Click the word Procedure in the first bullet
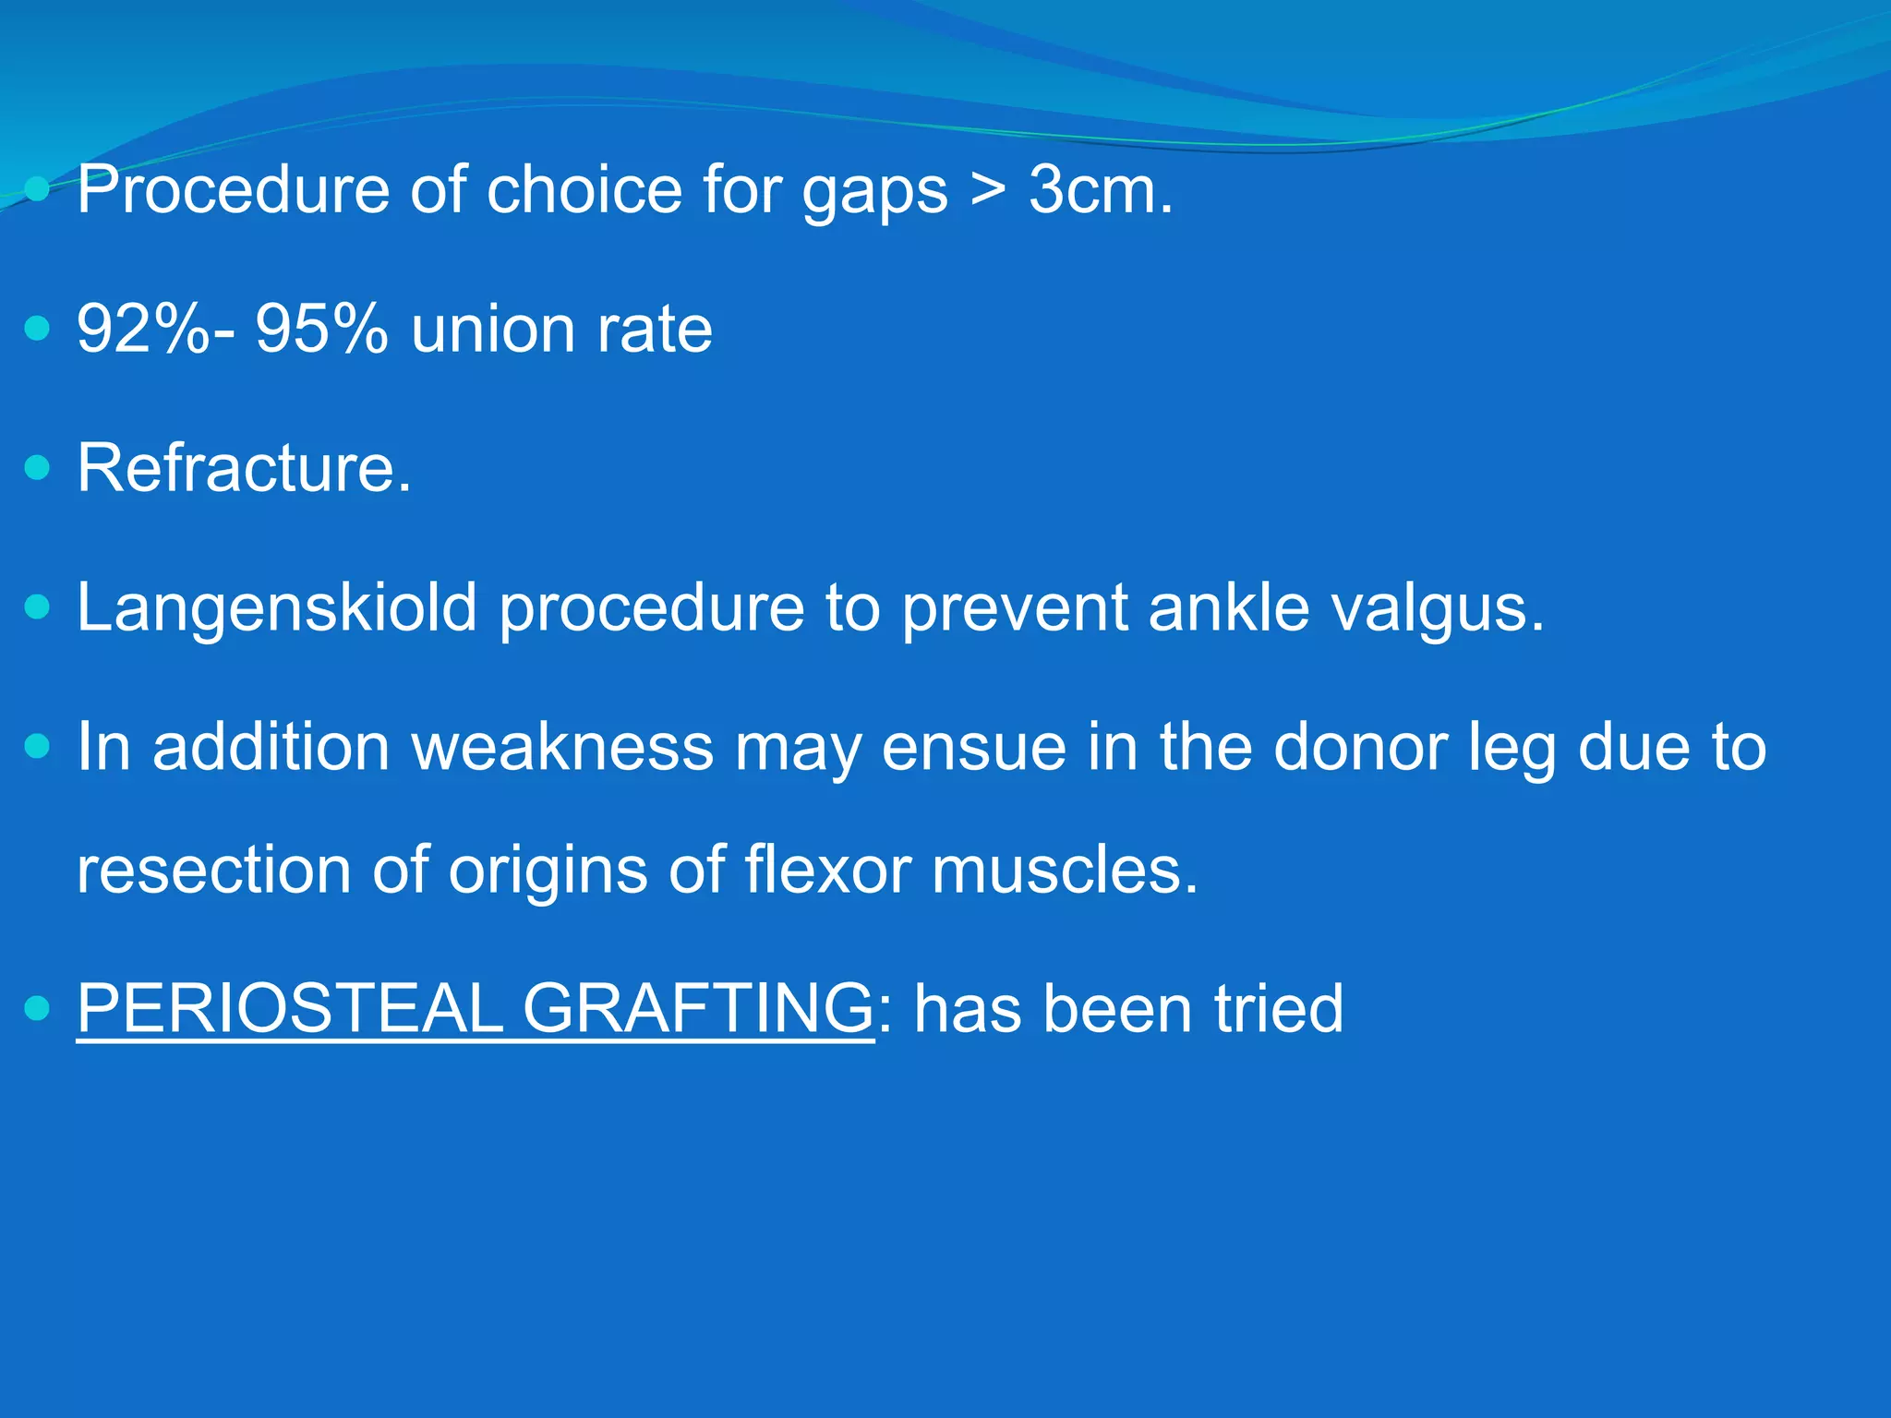tap(233, 191)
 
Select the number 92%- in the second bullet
tap(155, 330)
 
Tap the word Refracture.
tap(244, 469)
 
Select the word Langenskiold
tap(276, 609)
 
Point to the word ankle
tap(1228, 607)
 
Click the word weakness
tap(562, 748)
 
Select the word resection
tap(213, 871)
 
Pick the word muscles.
tap(1064, 871)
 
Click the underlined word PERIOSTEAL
tap(289, 1009)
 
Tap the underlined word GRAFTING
tap(698, 1009)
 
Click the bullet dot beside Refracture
tap(37, 468)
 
